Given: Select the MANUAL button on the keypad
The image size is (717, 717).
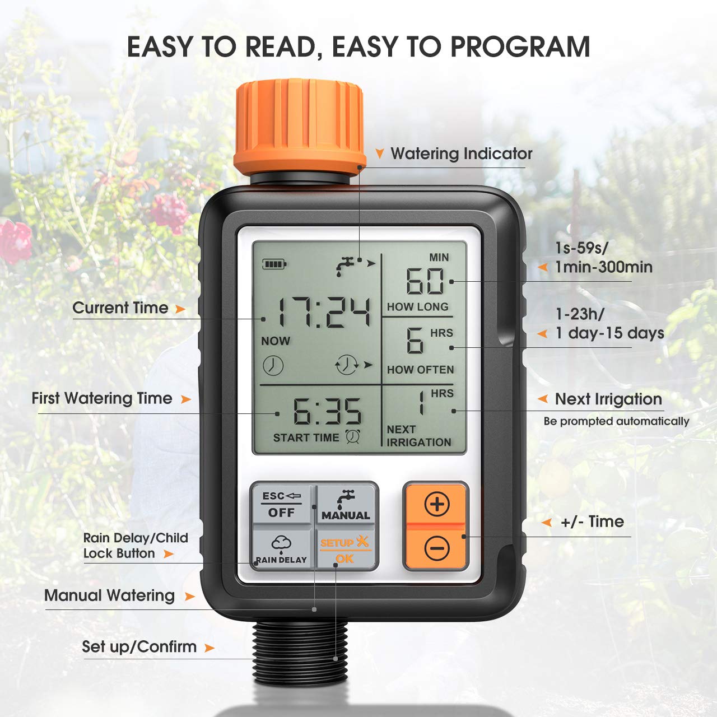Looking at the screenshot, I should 346,505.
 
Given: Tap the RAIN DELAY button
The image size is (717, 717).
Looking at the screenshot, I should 281,550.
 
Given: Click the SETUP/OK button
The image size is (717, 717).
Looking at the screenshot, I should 345,550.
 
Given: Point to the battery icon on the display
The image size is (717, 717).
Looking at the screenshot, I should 274,263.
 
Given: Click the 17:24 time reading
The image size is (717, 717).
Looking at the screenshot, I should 324,313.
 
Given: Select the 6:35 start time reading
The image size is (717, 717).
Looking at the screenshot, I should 327,412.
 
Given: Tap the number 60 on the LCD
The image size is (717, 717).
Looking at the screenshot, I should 425,281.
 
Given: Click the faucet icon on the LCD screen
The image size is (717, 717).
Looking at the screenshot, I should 346,266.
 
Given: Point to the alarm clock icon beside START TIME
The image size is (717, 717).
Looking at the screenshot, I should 352,437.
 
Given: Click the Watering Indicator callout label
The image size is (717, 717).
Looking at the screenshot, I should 461,153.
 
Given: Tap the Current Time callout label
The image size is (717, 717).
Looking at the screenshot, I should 120,308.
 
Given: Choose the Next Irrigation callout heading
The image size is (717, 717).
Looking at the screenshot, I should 608,399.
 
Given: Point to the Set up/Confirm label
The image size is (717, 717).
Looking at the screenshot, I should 139,647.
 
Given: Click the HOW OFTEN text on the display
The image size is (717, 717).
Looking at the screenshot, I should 420,370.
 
